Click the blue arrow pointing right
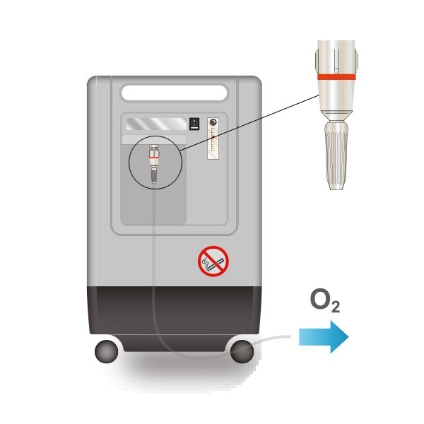(324, 337)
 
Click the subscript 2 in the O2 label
(335, 307)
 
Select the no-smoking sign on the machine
(213, 261)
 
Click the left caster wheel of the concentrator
(107, 351)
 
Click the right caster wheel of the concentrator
(242, 351)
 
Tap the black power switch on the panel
(194, 124)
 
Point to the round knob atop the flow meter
(213, 122)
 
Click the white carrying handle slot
(174, 93)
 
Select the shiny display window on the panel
(157, 124)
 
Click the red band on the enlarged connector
(336, 77)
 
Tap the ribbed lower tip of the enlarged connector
(336, 155)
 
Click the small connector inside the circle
(154, 164)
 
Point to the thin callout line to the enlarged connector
(250, 123)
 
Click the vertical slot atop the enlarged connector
(336, 61)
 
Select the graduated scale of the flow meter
(213, 142)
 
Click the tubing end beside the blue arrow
(289, 336)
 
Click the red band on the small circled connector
(154, 157)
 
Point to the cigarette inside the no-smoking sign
(216, 264)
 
